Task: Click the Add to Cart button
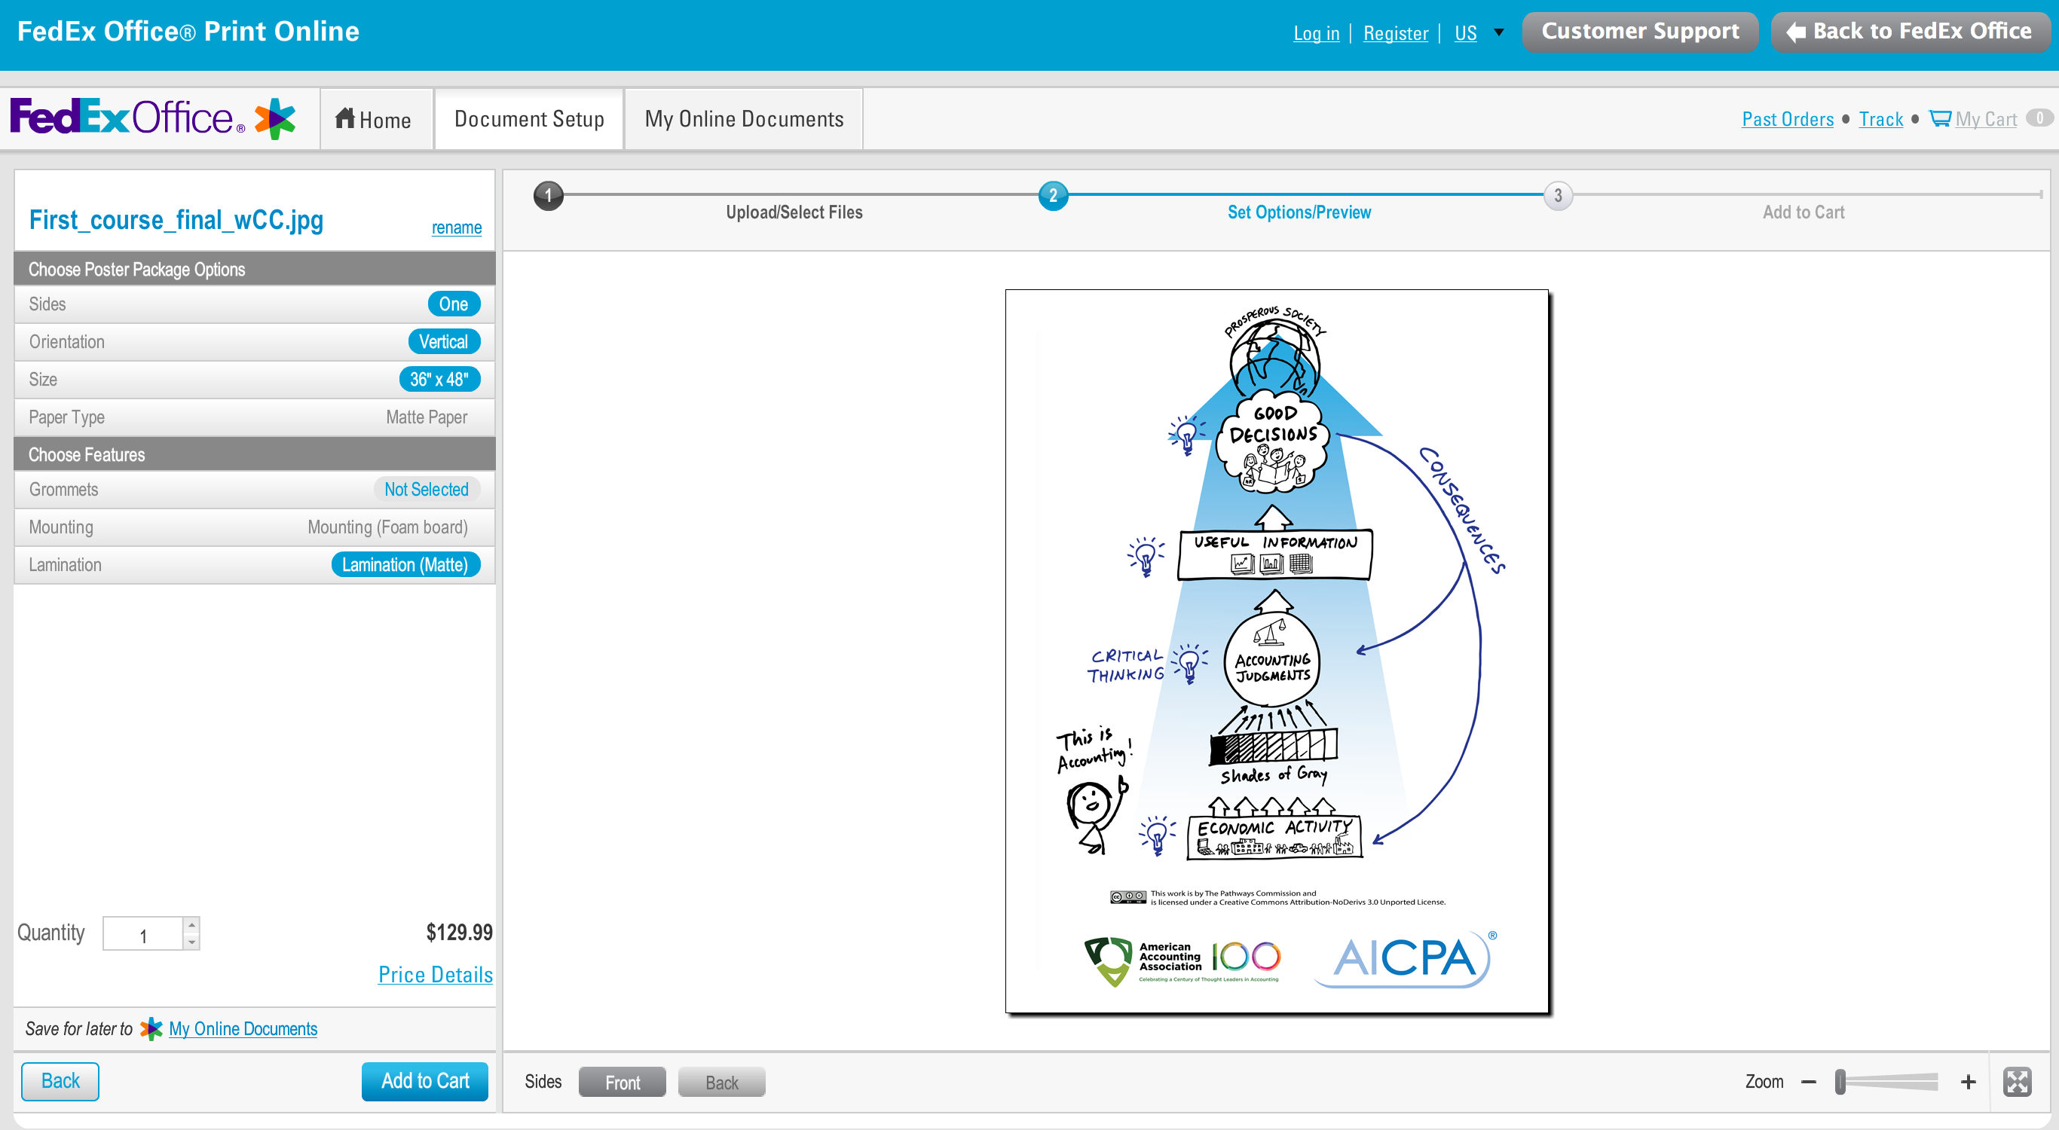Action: tap(424, 1081)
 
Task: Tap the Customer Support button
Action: tap(1639, 32)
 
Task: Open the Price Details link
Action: tap(435, 975)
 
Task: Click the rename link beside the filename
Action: tap(457, 228)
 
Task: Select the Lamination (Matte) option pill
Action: tap(405, 565)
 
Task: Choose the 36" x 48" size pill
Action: tap(439, 380)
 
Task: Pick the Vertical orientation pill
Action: tap(444, 342)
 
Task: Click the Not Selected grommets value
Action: tap(426, 490)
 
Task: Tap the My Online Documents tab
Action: tap(743, 120)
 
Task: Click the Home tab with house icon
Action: tap(373, 120)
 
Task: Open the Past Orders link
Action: tap(1787, 120)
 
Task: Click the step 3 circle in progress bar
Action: tap(1557, 196)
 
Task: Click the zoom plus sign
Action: tap(1968, 1082)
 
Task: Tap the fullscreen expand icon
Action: tap(2017, 1082)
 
